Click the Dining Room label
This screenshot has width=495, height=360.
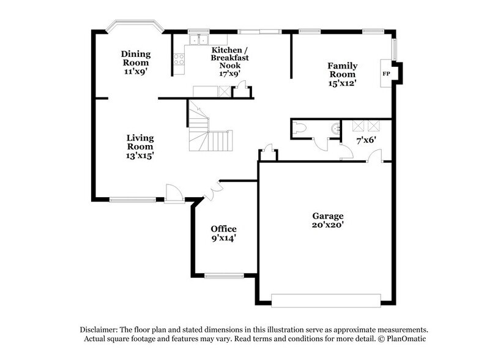click(136, 58)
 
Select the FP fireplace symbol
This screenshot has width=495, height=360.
click(386, 73)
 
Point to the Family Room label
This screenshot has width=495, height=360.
click(342, 70)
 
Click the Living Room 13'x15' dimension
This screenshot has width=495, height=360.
click(140, 156)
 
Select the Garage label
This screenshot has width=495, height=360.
click(328, 216)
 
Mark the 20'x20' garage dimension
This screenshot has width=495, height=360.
click(328, 225)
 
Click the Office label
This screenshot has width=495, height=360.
click(223, 228)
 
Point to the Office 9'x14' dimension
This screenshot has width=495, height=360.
click(223, 238)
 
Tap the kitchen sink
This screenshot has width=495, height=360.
click(198, 41)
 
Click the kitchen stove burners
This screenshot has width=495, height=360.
click(179, 59)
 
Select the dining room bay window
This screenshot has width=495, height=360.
click(135, 26)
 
